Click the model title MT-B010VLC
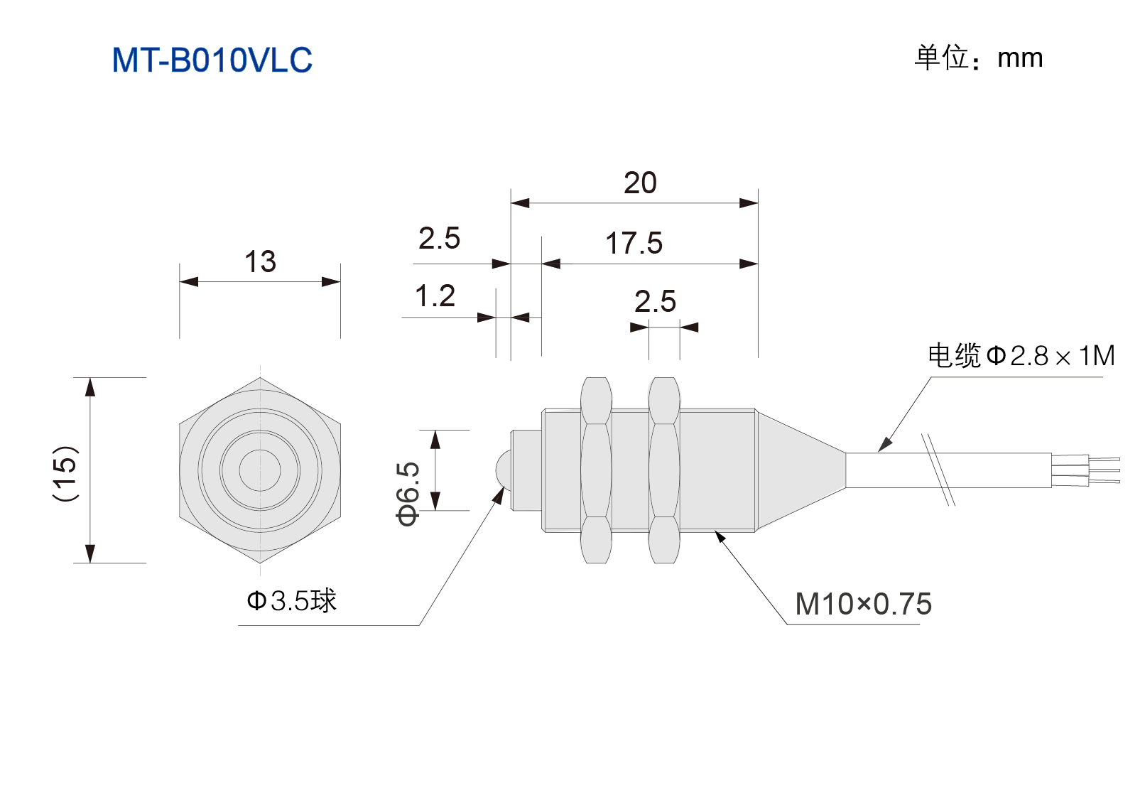click(212, 60)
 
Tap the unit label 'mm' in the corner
click(1020, 58)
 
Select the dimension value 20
click(640, 183)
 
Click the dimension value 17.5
click(634, 243)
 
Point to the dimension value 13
click(260, 261)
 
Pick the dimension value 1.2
click(435, 296)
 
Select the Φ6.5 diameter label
click(408, 494)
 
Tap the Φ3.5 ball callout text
click(291, 600)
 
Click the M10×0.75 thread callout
click(863, 604)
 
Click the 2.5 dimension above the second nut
click(656, 301)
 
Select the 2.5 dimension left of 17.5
click(439, 238)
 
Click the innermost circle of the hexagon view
click(260, 450)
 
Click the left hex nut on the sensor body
click(596, 470)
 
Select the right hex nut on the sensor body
click(664, 470)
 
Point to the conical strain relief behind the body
click(801, 470)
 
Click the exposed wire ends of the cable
click(1086, 470)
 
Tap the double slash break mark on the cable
click(938, 470)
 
